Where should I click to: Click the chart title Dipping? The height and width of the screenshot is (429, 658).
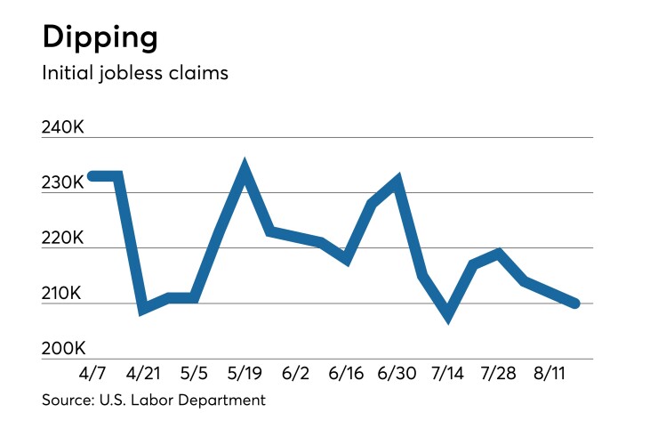coord(100,37)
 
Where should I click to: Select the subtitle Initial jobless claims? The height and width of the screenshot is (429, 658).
coord(135,73)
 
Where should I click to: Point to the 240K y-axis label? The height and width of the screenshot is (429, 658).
coord(62,128)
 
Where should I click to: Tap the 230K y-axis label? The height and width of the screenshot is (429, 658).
coord(62,182)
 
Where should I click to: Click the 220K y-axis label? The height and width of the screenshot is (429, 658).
coord(62,239)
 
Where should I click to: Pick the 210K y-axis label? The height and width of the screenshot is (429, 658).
coord(62,294)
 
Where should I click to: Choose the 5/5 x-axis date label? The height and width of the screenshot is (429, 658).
coord(194,372)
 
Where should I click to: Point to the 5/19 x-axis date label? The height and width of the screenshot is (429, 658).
coord(245,372)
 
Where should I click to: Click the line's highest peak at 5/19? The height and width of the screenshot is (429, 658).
coord(245,167)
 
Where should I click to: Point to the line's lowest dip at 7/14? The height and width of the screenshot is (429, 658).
coord(448,314)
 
